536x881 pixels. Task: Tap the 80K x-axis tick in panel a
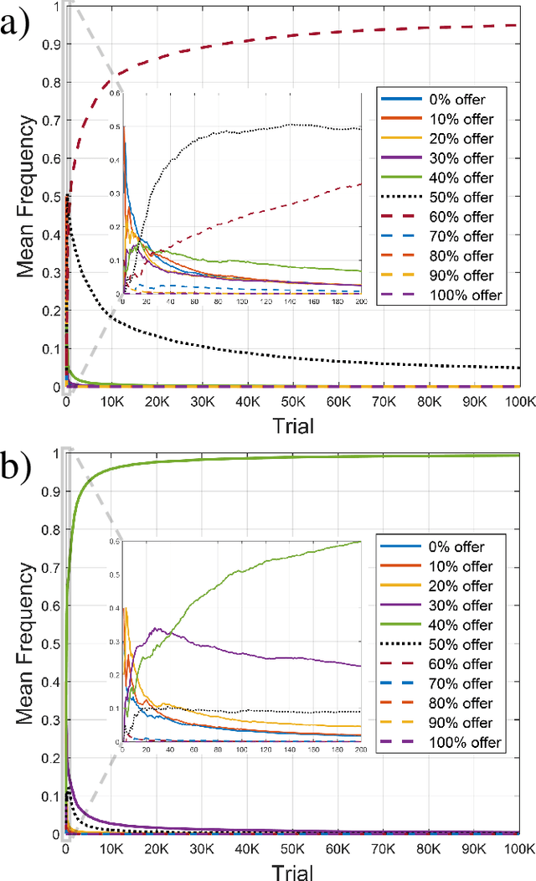pos(430,403)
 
